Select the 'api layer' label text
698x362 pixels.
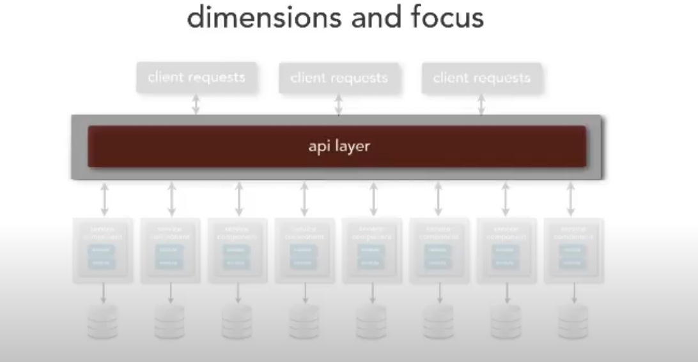pos(339,146)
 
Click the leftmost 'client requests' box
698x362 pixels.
pos(196,78)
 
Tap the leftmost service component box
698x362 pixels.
pos(103,250)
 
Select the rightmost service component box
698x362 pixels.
pos(573,250)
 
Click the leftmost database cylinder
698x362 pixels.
pos(103,321)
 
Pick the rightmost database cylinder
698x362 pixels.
pos(573,321)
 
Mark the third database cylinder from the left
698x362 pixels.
pos(237,321)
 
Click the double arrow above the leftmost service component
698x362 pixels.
pos(104,199)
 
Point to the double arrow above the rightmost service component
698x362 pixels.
pos(571,199)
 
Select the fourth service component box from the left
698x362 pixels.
pos(304,250)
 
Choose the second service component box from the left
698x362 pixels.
pos(170,250)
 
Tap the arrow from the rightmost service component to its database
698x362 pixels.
pos(574,293)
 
